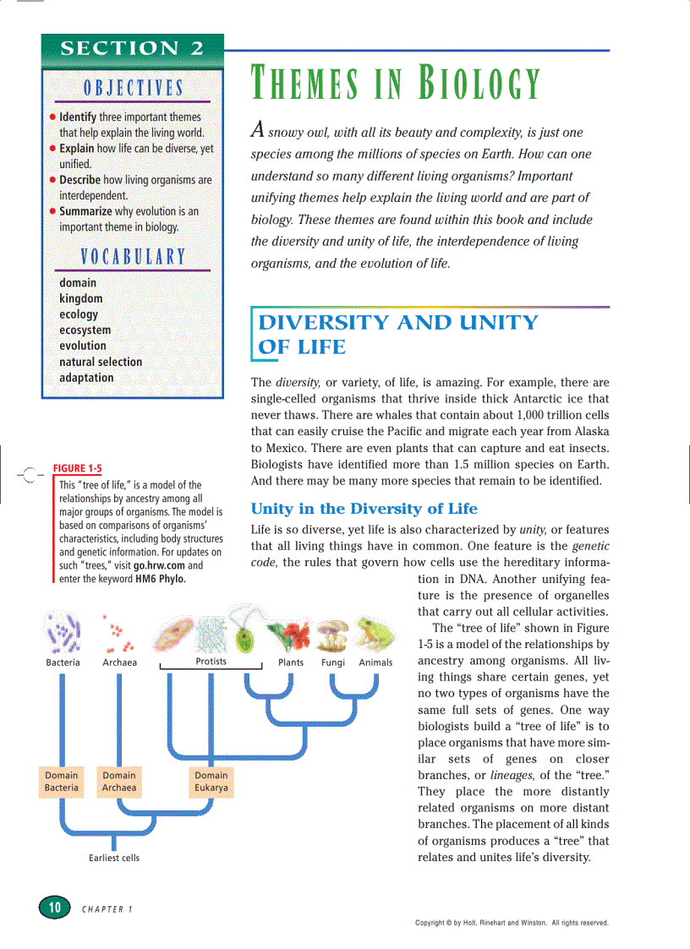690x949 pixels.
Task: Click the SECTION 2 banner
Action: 132,47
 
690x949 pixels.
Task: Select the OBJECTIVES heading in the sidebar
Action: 133,88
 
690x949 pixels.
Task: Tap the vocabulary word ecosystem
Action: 85,330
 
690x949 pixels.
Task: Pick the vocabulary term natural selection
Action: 101,362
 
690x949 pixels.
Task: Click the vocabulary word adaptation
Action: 86,378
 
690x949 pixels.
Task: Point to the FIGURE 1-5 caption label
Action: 77,468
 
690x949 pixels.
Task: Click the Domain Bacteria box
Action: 62,782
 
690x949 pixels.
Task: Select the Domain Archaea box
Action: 119,782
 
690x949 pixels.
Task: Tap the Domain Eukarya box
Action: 211,782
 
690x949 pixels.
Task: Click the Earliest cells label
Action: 114,858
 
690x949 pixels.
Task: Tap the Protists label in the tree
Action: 211,662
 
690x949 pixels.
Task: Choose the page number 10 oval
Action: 54,907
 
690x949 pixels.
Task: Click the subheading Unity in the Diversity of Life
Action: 364,509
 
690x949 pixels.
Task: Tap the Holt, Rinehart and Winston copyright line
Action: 512,923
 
